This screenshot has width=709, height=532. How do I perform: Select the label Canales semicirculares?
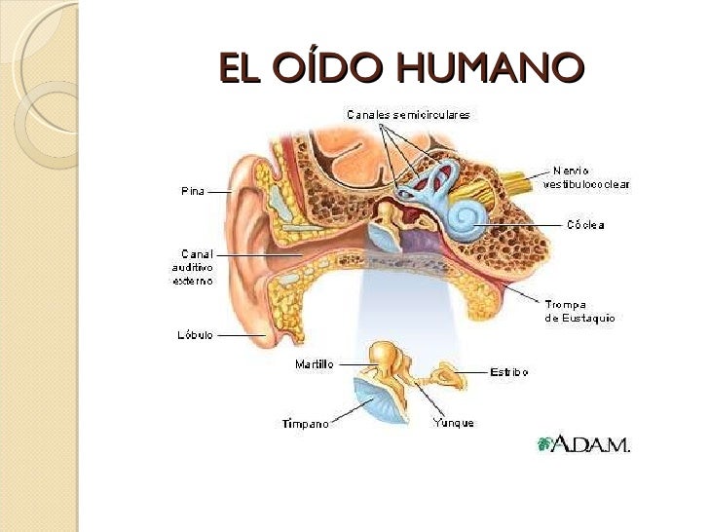409,115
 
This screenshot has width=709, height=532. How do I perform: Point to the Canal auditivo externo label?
191,266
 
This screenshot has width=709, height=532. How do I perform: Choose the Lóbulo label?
195,334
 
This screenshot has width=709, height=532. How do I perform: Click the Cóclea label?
586,225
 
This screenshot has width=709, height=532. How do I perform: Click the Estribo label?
508,371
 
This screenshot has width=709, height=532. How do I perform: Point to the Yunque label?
453,423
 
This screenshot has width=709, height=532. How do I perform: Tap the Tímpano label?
305,424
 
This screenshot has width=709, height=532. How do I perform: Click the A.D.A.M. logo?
583,445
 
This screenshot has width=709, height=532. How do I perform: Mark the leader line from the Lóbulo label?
241,334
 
